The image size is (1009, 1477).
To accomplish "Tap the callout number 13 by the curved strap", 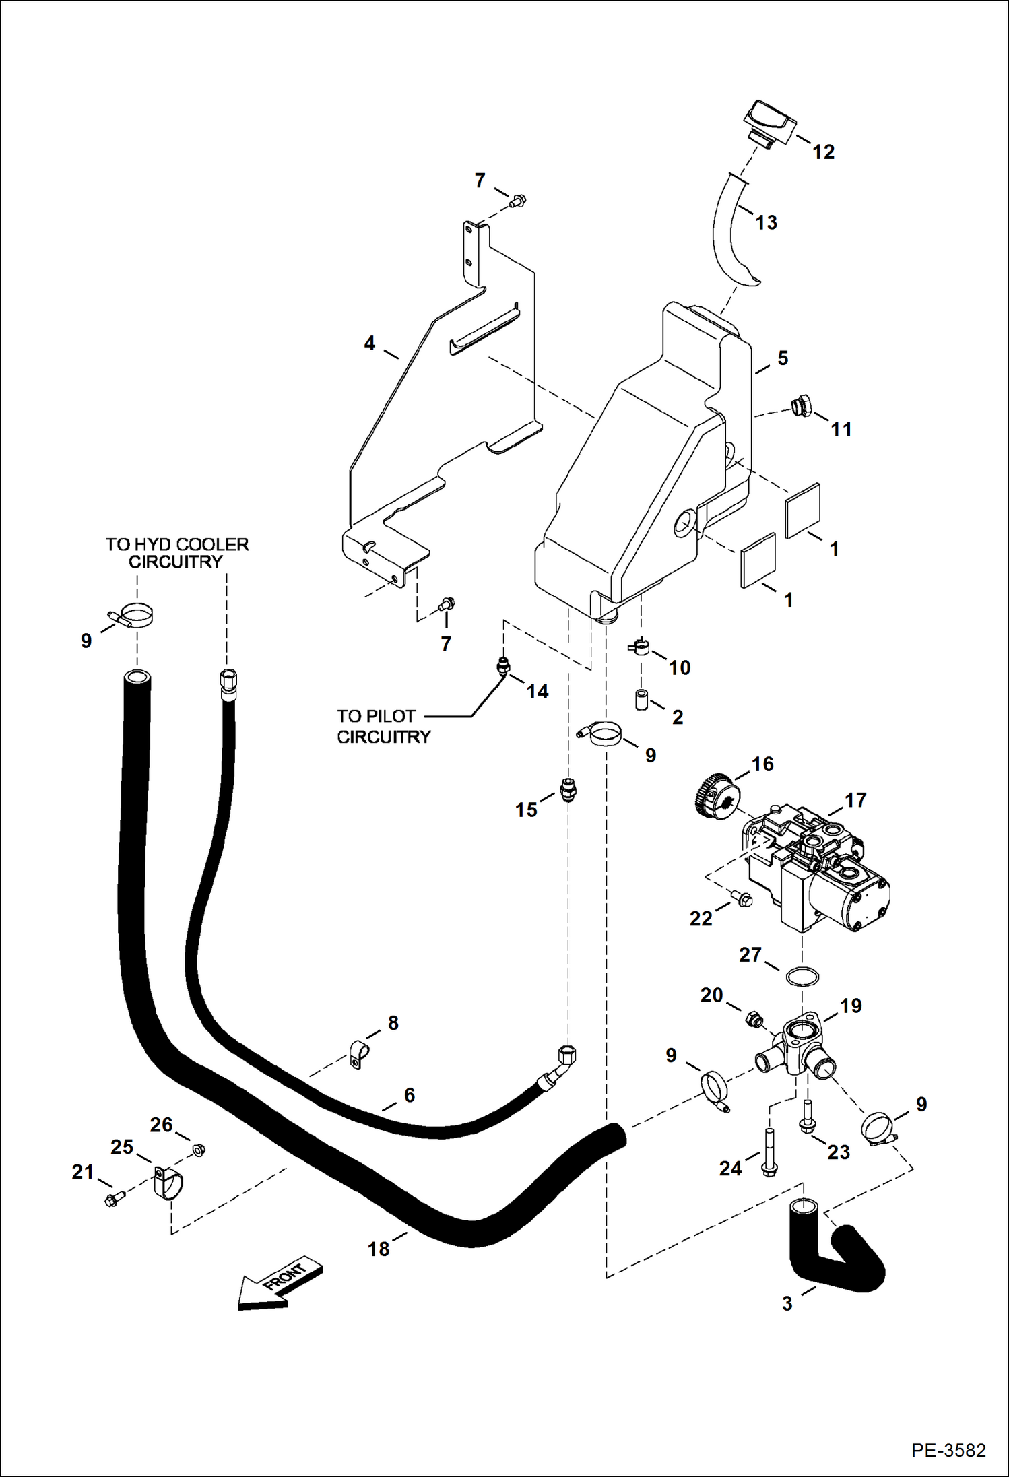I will (766, 222).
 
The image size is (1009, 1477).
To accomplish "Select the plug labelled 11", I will (801, 407).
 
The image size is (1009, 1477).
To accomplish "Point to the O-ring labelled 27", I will (802, 977).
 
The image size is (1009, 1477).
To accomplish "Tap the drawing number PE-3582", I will (948, 1449).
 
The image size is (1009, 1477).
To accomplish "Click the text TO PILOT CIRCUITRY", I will (383, 726).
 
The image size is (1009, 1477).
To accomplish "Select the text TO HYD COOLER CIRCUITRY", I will (176, 553).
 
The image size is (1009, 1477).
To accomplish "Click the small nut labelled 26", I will (199, 1150).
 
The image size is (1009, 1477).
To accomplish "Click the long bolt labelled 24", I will (769, 1154).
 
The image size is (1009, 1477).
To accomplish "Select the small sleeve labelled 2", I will (641, 699).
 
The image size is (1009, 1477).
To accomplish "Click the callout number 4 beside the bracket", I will (369, 343).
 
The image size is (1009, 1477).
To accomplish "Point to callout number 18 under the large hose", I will (379, 1249).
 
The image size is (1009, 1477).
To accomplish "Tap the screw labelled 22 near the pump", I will (743, 897).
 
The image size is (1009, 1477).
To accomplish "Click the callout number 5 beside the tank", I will (782, 358).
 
